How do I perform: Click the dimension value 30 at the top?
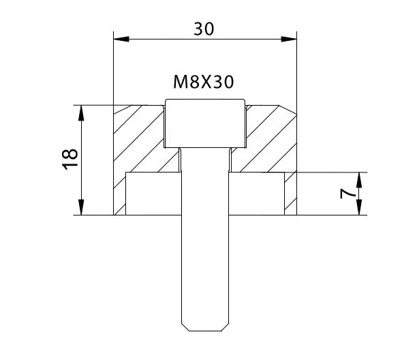pyautogui.click(x=204, y=29)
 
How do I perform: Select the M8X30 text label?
pyautogui.click(x=204, y=82)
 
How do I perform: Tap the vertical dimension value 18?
pyautogui.click(x=70, y=160)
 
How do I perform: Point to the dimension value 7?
pyautogui.click(x=347, y=194)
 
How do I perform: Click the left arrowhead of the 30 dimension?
pyautogui.click(x=121, y=39)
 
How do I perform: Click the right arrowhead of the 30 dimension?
pyautogui.click(x=289, y=39)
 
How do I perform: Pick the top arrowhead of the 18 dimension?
pyautogui.click(x=81, y=113)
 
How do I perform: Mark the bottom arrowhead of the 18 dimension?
pyautogui.click(x=81, y=207)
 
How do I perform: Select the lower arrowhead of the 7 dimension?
pyautogui.click(x=359, y=207)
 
